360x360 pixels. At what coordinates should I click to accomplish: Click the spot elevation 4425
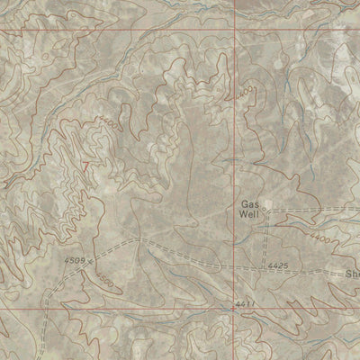click(277, 266)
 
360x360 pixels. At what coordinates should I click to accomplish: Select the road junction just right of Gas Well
click(270, 215)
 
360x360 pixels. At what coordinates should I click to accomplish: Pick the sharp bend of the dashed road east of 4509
click(135, 240)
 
